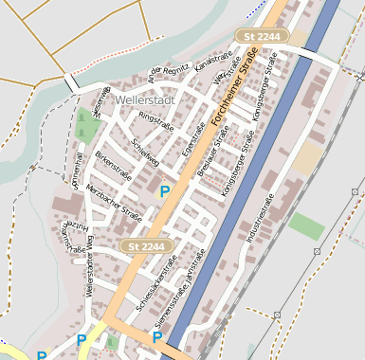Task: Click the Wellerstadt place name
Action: [x=144, y=99]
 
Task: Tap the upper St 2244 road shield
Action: [x=261, y=36]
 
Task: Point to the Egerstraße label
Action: [x=193, y=139]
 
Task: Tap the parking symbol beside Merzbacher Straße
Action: [x=164, y=191]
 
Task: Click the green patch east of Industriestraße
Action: [x=305, y=225]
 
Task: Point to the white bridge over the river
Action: [x=72, y=83]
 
